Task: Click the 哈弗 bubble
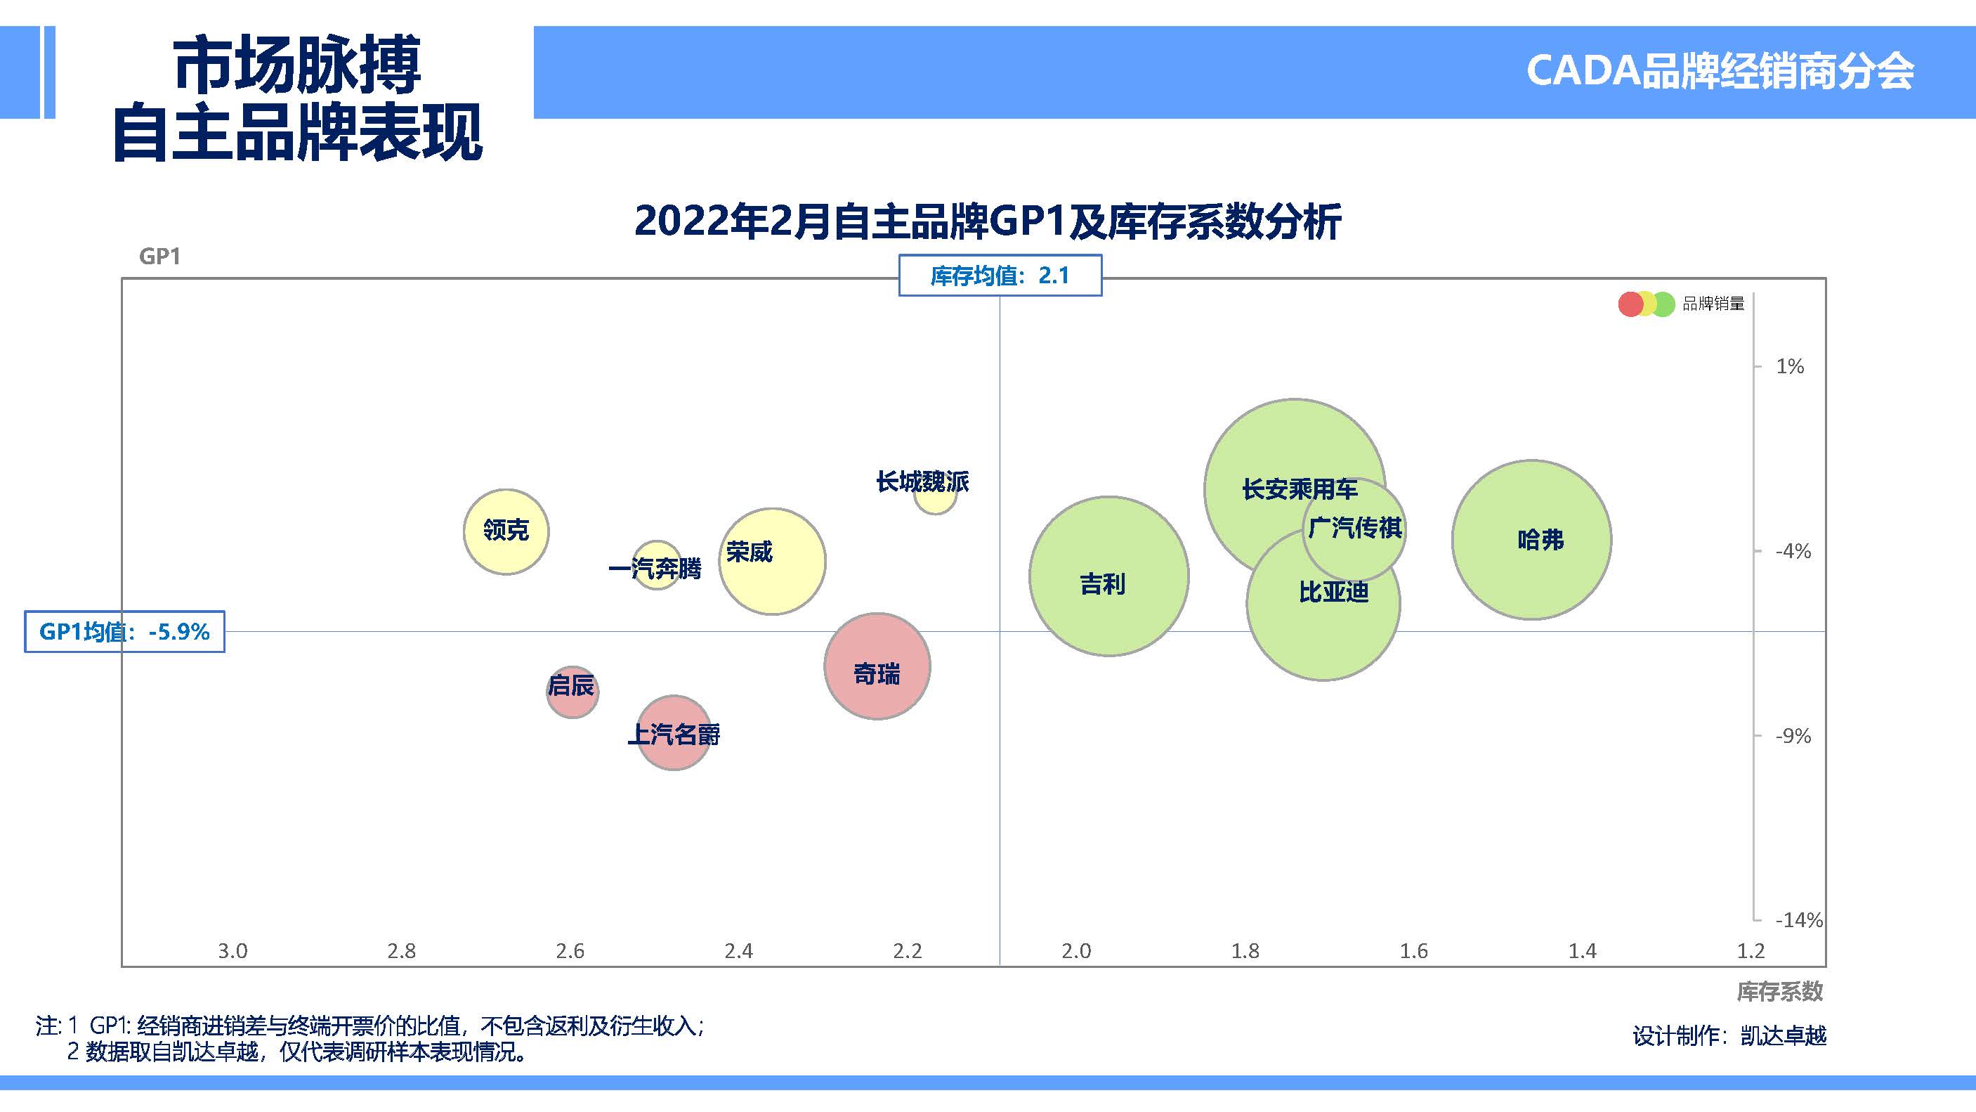point(1531,540)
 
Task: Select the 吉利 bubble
point(1108,576)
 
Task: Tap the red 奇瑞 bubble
point(877,666)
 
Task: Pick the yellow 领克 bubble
point(506,531)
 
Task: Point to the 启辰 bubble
point(572,692)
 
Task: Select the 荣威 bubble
point(772,561)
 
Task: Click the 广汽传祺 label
point(1354,528)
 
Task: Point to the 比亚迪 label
point(1333,593)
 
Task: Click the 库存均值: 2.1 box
point(1000,276)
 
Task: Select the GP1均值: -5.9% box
point(124,632)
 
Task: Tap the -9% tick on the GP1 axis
point(1792,736)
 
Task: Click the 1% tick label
point(1790,366)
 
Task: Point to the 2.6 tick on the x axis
point(570,951)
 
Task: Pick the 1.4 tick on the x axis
point(1582,951)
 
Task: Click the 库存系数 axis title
point(1779,992)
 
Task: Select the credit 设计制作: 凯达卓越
point(1729,1036)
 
